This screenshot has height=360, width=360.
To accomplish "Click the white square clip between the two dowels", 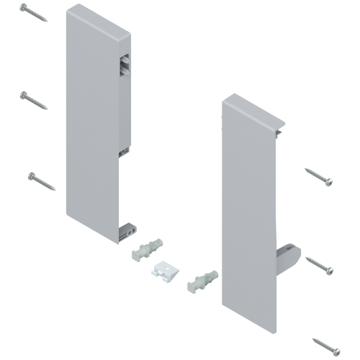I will pos(166,271).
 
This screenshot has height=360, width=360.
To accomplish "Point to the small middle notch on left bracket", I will pos(124,150).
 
